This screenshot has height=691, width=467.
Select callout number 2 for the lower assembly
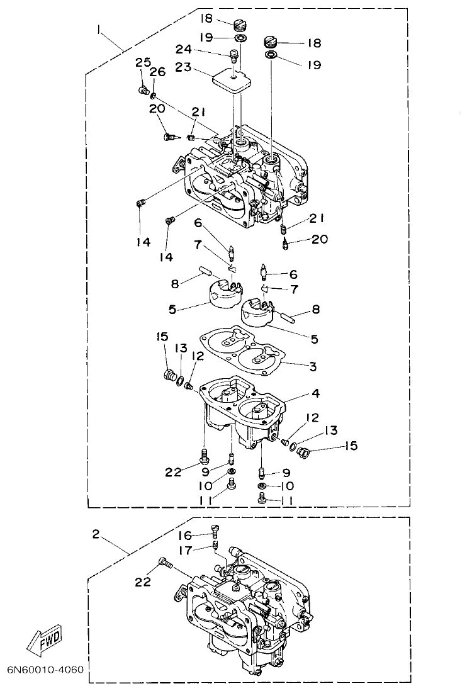(x=96, y=534)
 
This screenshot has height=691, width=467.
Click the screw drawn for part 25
(x=143, y=90)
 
